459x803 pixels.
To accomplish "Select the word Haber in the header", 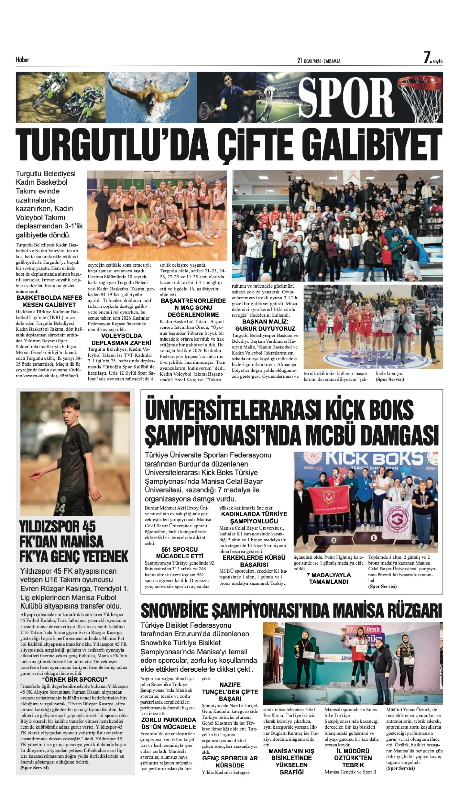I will (22, 60).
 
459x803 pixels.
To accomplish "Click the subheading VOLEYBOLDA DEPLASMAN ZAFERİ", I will (121, 339).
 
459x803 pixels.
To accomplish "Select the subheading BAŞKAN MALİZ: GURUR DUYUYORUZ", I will (265, 325).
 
